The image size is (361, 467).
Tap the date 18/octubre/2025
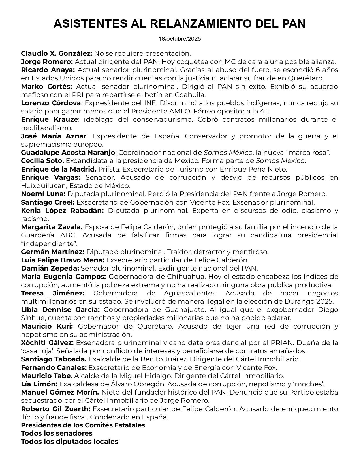click(x=180, y=39)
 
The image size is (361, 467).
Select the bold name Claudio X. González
click(x=57, y=53)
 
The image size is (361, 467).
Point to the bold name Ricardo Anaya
click(x=48, y=70)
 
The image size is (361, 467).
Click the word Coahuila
click(x=193, y=95)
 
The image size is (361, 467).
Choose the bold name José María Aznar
click(x=54, y=136)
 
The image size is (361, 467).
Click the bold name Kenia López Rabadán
click(x=62, y=211)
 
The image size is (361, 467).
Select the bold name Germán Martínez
click(x=52, y=252)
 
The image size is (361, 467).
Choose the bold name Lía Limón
click(x=39, y=384)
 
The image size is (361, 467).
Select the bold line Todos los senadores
click(x=57, y=433)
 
